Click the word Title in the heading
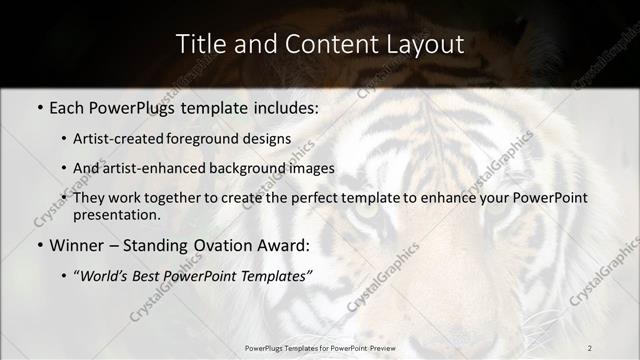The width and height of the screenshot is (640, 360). coord(199,44)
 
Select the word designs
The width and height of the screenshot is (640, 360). coord(271,139)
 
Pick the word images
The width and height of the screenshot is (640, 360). coord(309,169)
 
